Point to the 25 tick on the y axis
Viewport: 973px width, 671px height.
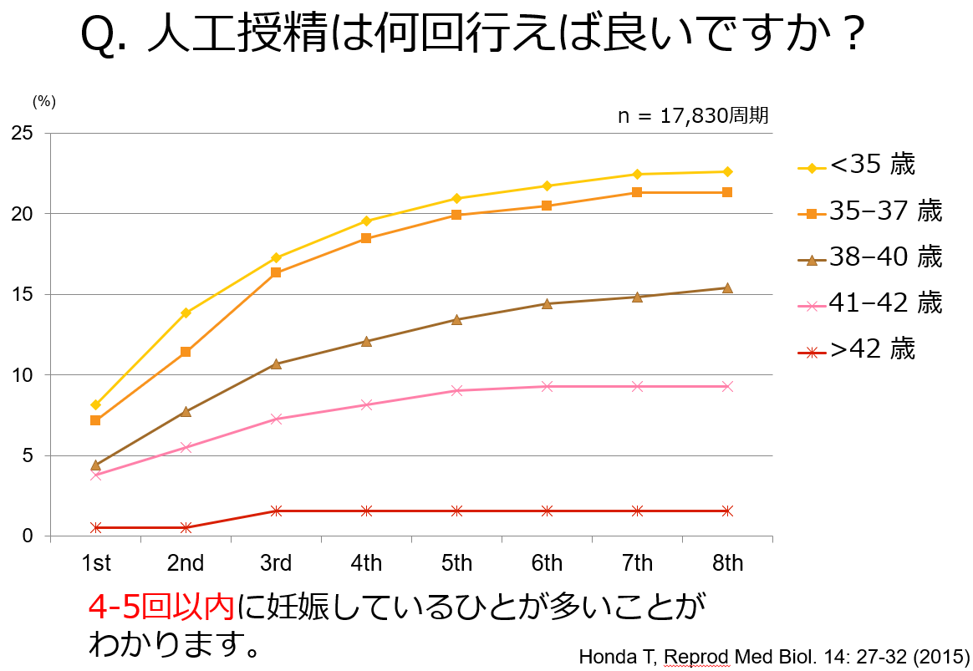point(23,133)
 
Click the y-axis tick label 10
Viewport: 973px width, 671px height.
point(23,375)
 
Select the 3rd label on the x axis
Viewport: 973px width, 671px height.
point(276,564)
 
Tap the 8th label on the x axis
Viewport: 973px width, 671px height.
point(727,564)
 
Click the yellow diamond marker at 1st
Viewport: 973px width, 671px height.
point(95,405)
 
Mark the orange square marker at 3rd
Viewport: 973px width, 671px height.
point(276,272)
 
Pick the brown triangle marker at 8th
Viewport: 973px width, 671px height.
point(727,287)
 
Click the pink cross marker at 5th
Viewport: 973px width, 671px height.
point(456,391)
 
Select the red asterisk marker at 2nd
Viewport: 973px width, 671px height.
point(186,527)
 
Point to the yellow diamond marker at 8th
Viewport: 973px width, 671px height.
point(727,172)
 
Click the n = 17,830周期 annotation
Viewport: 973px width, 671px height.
point(693,116)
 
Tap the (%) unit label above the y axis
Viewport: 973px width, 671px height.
point(43,101)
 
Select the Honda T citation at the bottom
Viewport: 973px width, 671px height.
point(773,657)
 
